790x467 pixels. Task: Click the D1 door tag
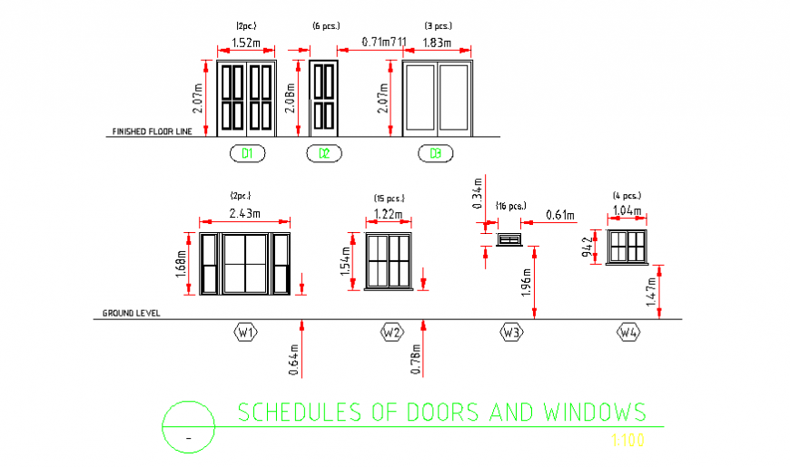[x=247, y=153]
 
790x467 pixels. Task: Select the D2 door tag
[x=324, y=153]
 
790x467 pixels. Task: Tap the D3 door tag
[x=436, y=153]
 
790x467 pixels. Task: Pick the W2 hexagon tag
[x=392, y=333]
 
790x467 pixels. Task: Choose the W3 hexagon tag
[x=512, y=333]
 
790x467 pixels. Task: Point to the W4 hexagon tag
[x=628, y=333]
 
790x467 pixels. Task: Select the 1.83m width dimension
[x=437, y=43]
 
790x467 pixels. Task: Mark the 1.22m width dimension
[x=389, y=214]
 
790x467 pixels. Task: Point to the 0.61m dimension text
[x=560, y=215]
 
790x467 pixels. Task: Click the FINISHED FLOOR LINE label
[x=153, y=131]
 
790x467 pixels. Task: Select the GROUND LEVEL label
[x=132, y=313]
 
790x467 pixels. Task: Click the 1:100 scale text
[x=627, y=441]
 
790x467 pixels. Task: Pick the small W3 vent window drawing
[x=509, y=239]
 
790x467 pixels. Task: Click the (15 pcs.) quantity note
[x=389, y=199]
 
